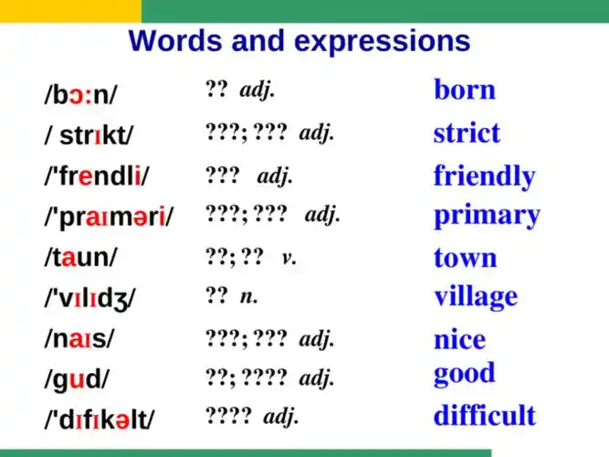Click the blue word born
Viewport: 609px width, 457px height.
click(465, 90)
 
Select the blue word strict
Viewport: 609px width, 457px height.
click(467, 133)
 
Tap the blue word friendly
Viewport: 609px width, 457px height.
click(484, 175)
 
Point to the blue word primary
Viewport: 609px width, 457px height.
click(487, 216)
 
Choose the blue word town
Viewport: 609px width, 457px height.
click(466, 258)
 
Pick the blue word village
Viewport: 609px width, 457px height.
click(476, 296)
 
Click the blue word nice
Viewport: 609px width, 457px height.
click(459, 340)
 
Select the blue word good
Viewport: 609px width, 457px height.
click(464, 373)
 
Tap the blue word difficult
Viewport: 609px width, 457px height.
click(485, 415)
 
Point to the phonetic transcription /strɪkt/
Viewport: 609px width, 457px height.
click(88, 136)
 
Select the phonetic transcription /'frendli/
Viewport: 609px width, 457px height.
click(97, 175)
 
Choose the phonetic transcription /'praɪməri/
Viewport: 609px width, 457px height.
click(108, 218)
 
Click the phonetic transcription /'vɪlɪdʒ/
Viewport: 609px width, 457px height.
click(89, 298)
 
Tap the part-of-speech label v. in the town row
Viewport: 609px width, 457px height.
click(289, 257)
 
